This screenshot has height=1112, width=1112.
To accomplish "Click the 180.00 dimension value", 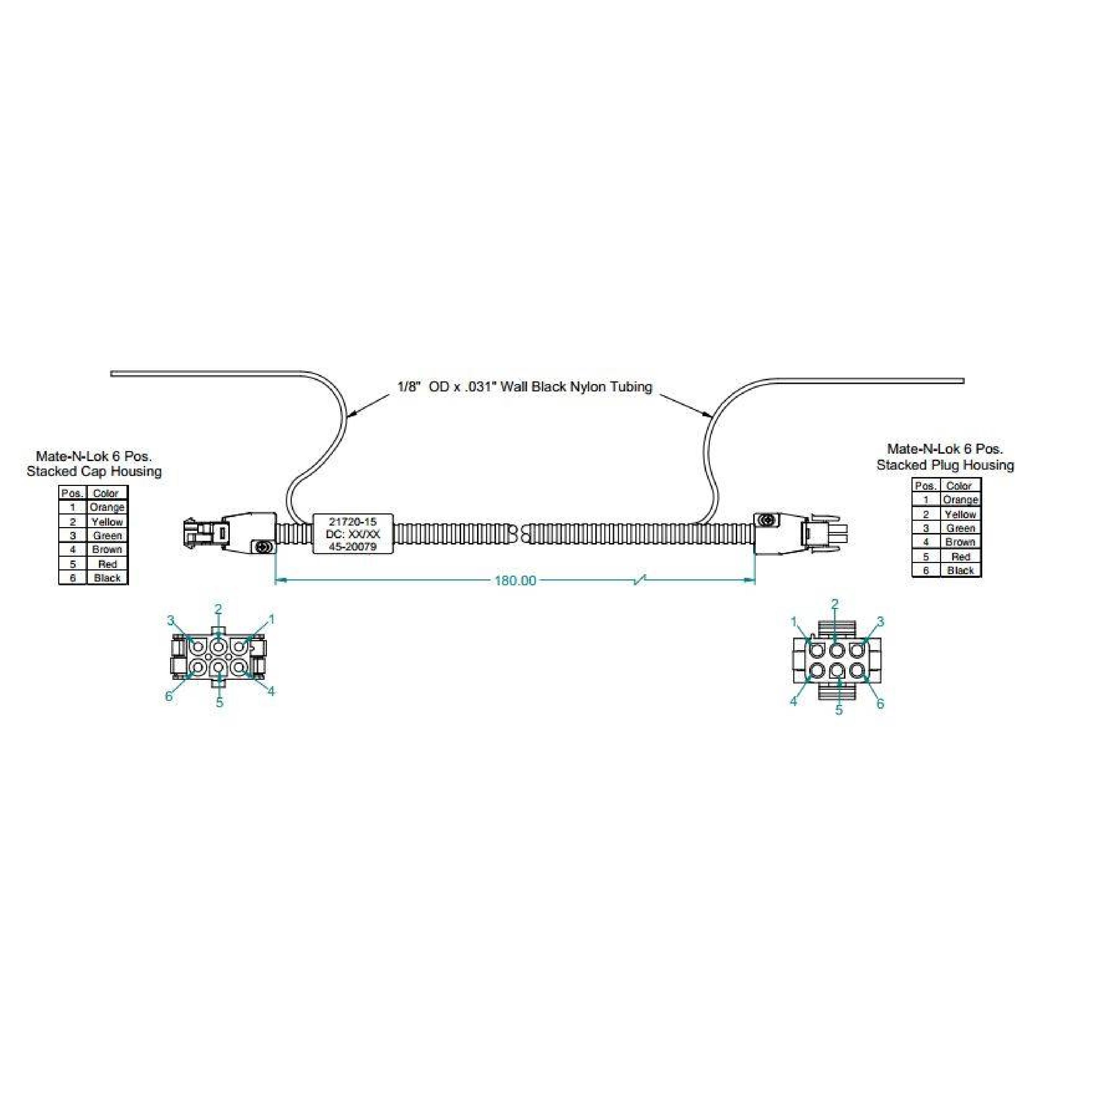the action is coord(515,580).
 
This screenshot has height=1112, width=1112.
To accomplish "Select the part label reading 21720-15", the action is coord(352,522).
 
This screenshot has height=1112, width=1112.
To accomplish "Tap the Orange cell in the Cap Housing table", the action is coord(107,507).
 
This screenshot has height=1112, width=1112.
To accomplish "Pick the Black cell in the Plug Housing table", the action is coord(960,570).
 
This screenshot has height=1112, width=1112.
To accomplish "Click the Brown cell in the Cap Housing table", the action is coord(107,550).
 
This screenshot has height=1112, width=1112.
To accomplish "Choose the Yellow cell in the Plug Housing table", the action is coord(960,514).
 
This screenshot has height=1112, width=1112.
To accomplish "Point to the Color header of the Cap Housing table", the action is coord(106,493).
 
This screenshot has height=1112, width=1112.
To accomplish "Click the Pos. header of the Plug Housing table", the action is coord(926,486).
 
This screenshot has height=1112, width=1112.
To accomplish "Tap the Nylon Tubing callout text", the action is coord(524,387).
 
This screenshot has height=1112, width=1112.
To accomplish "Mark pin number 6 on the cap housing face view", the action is coord(169,696).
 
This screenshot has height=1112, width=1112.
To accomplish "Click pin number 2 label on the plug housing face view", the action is coord(835,604).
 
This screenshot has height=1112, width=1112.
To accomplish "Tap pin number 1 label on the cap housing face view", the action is coord(272,620).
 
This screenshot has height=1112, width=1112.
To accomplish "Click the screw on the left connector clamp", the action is coord(264,546).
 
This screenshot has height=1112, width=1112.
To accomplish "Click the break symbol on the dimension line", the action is coord(639,580).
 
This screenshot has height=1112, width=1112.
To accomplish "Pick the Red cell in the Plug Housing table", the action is coord(960,557).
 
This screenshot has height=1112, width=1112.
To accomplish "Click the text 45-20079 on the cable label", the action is coord(352,547).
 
